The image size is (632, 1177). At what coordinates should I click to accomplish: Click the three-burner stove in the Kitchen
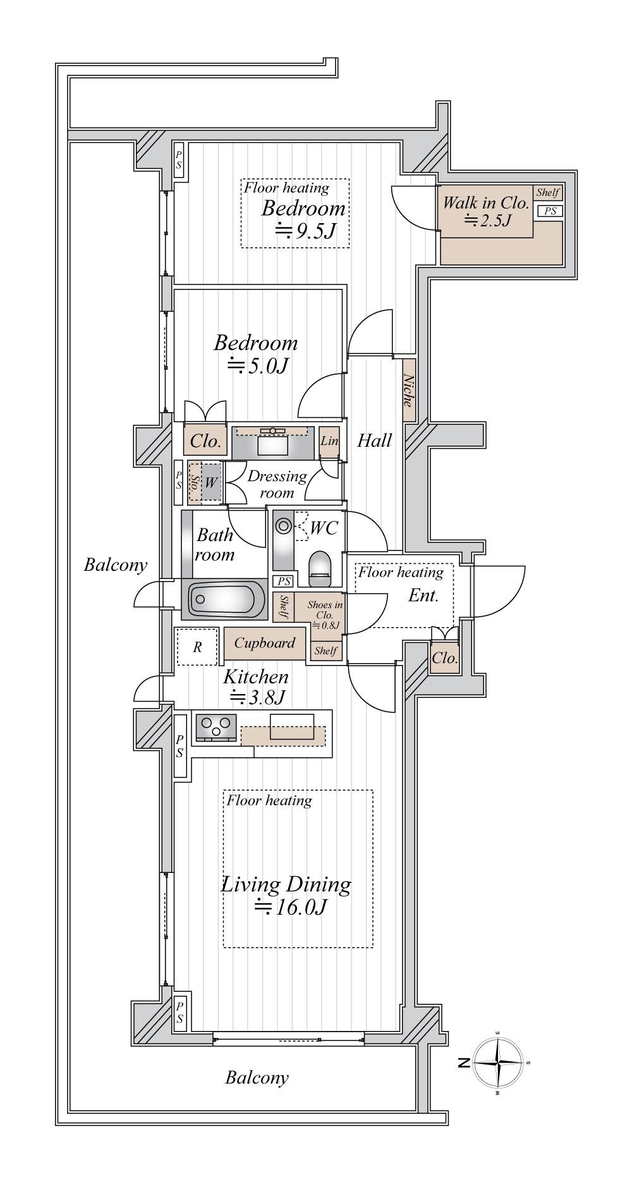pos(216,727)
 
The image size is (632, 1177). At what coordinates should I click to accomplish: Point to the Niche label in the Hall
pos(409,391)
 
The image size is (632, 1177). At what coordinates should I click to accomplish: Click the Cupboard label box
pos(265,643)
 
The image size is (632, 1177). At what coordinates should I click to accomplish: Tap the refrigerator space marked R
pos(197,647)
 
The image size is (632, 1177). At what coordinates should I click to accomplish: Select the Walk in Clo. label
pos(485,203)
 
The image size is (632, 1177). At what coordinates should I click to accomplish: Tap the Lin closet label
pos(329,441)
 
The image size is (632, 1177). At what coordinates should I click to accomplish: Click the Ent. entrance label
pos(423,595)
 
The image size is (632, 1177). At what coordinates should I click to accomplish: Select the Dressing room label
pos(277,484)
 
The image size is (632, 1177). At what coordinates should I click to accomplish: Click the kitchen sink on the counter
pos(292,726)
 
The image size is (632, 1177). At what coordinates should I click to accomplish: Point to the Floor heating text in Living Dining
pos(269,801)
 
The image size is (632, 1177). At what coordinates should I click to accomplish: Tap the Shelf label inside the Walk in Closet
pos(548,193)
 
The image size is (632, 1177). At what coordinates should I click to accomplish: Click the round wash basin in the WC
pos(284,525)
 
